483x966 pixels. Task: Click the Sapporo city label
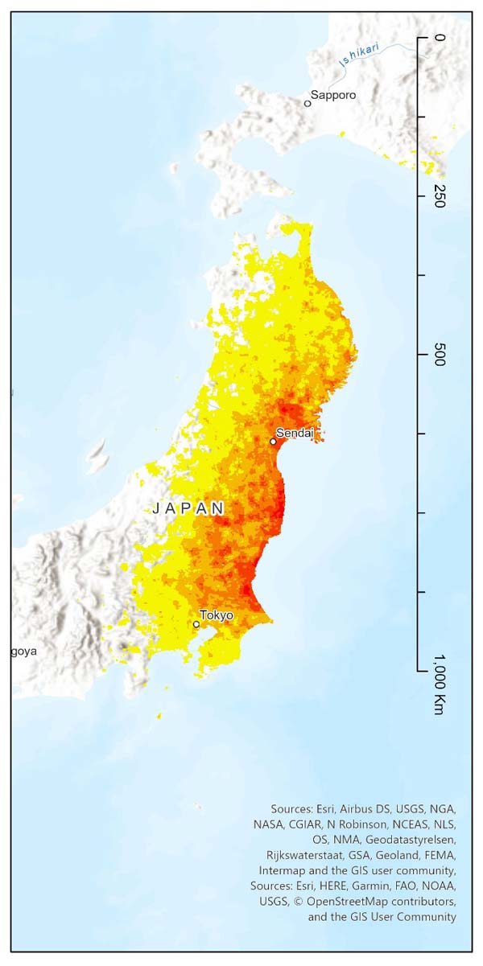tap(333, 95)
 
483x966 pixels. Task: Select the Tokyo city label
tap(217, 615)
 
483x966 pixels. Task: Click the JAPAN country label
tap(188, 508)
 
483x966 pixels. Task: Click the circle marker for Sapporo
tap(308, 103)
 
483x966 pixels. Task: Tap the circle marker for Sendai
tap(274, 441)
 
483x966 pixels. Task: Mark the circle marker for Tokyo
tap(196, 624)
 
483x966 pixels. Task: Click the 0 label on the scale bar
tap(439, 38)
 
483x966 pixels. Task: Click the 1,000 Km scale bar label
tap(439, 684)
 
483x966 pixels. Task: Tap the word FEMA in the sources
tap(440, 855)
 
